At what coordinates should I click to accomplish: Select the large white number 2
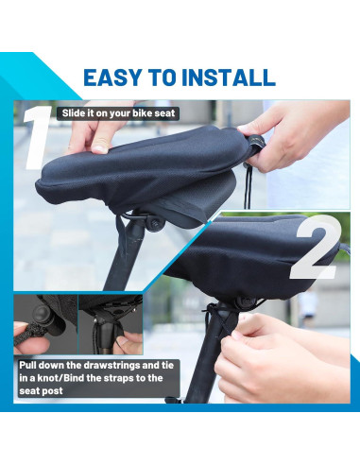coord(314,248)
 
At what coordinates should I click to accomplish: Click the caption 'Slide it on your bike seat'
coord(118,113)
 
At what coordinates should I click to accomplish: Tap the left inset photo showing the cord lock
coord(43,324)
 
